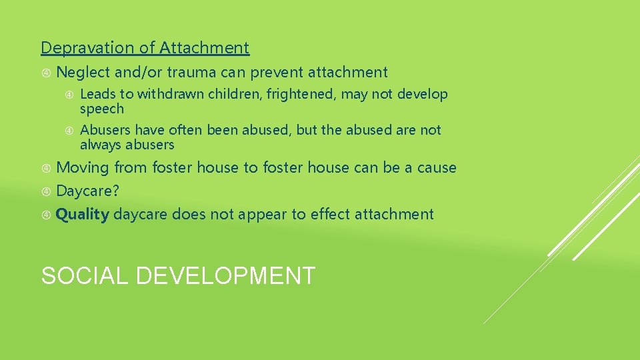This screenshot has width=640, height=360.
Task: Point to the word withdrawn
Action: coord(171,95)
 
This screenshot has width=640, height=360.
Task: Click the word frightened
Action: coord(301,95)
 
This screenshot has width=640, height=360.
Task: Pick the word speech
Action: coord(102,109)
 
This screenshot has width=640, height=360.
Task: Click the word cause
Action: coord(437,168)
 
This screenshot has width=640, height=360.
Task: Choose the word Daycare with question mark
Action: coord(87,191)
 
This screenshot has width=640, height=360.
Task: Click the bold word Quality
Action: coord(83,215)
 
